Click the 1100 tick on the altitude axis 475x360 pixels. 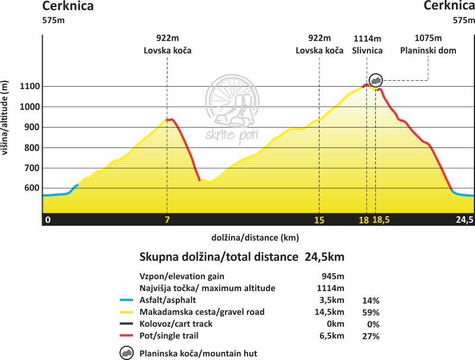point(30,87)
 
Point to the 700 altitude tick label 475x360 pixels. point(32,168)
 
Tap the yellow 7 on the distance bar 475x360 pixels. point(167,220)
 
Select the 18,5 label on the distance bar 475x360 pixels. point(381,220)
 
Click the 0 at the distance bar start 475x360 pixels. point(48,220)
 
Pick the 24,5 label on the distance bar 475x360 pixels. point(464,220)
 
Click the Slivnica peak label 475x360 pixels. point(367,50)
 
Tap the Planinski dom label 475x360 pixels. point(428,50)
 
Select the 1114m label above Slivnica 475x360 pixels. point(367,37)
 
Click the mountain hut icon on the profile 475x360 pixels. point(375,80)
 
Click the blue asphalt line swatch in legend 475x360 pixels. point(126,301)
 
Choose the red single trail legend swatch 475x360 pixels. point(126,336)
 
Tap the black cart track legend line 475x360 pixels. point(126,324)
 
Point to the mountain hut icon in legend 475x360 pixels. point(126,353)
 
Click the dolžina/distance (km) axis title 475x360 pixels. point(255,238)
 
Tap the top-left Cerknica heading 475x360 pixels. point(68,7)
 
